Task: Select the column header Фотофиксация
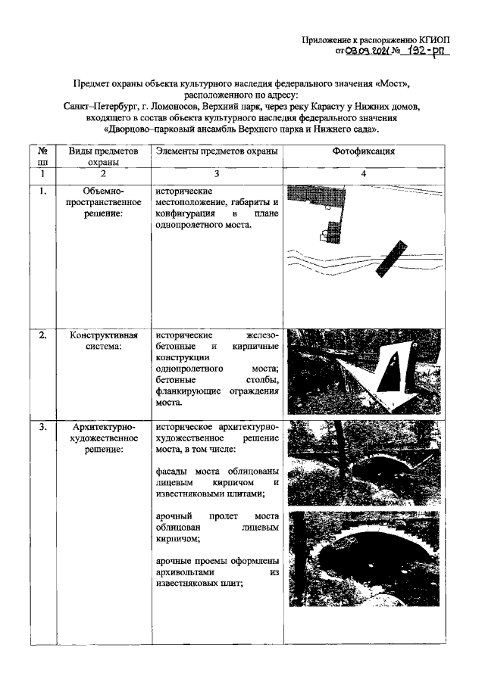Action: (x=364, y=151)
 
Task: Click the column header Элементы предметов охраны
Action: (x=216, y=151)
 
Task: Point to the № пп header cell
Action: (x=43, y=157)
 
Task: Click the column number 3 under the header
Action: (x=216, y=175)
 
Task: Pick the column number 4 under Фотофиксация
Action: (x=364, y=175)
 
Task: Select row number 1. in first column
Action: (x=43, y=191)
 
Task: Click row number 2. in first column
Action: (x=43, y=335)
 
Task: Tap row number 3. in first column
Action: (x=43, y=427)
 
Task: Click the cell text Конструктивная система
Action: (x=102, y=341)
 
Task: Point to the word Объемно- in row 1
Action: (x=103, y=191)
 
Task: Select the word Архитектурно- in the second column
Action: (x=103, y=427)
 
